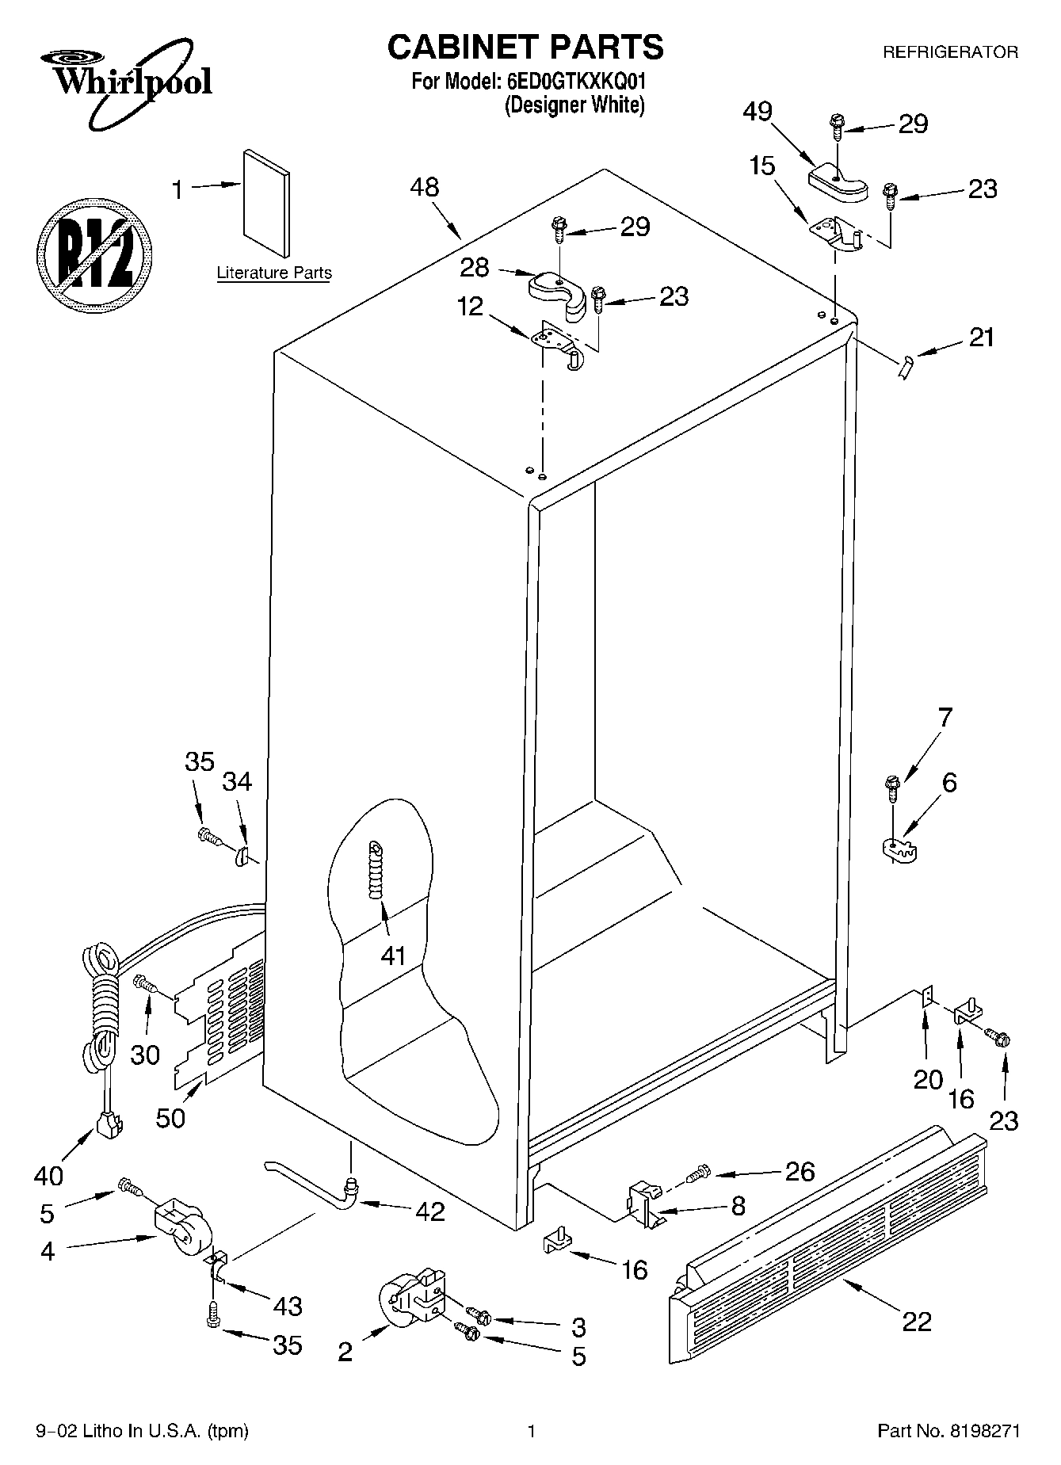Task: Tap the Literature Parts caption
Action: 274,273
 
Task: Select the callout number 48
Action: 425,188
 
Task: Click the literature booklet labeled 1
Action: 266,204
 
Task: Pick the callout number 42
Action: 429,1211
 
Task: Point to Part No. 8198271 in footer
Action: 948,1432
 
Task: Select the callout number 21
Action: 982,337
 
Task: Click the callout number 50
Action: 171,1118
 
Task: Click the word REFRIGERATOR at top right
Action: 950,52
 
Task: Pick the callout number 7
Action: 945,716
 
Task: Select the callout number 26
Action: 800,1170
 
